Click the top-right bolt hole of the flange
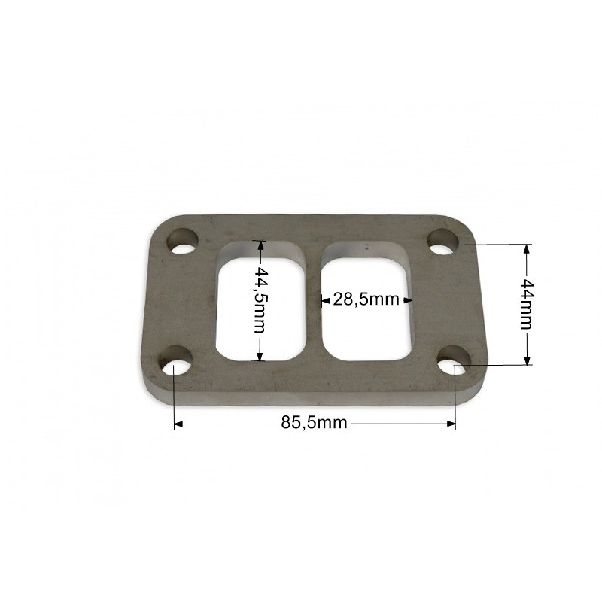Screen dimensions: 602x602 pyautogui.click(x=442, y=242)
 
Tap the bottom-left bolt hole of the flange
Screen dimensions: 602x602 pyautogui.click(x=176, y=361)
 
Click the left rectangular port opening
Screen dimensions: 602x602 pyautogui.click(x=261, y=302)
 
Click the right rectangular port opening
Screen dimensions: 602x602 pyautogui.click(x=367, y=302)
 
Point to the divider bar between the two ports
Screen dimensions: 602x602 pyautogui.click(x=314, y=302)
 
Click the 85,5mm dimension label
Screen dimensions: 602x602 pyautogui.click(x=314, y=423)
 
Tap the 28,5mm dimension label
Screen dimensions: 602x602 pyautogui.click(x=366, y=299)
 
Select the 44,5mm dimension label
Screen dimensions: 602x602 pyautogui.click(x=260, y=299)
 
